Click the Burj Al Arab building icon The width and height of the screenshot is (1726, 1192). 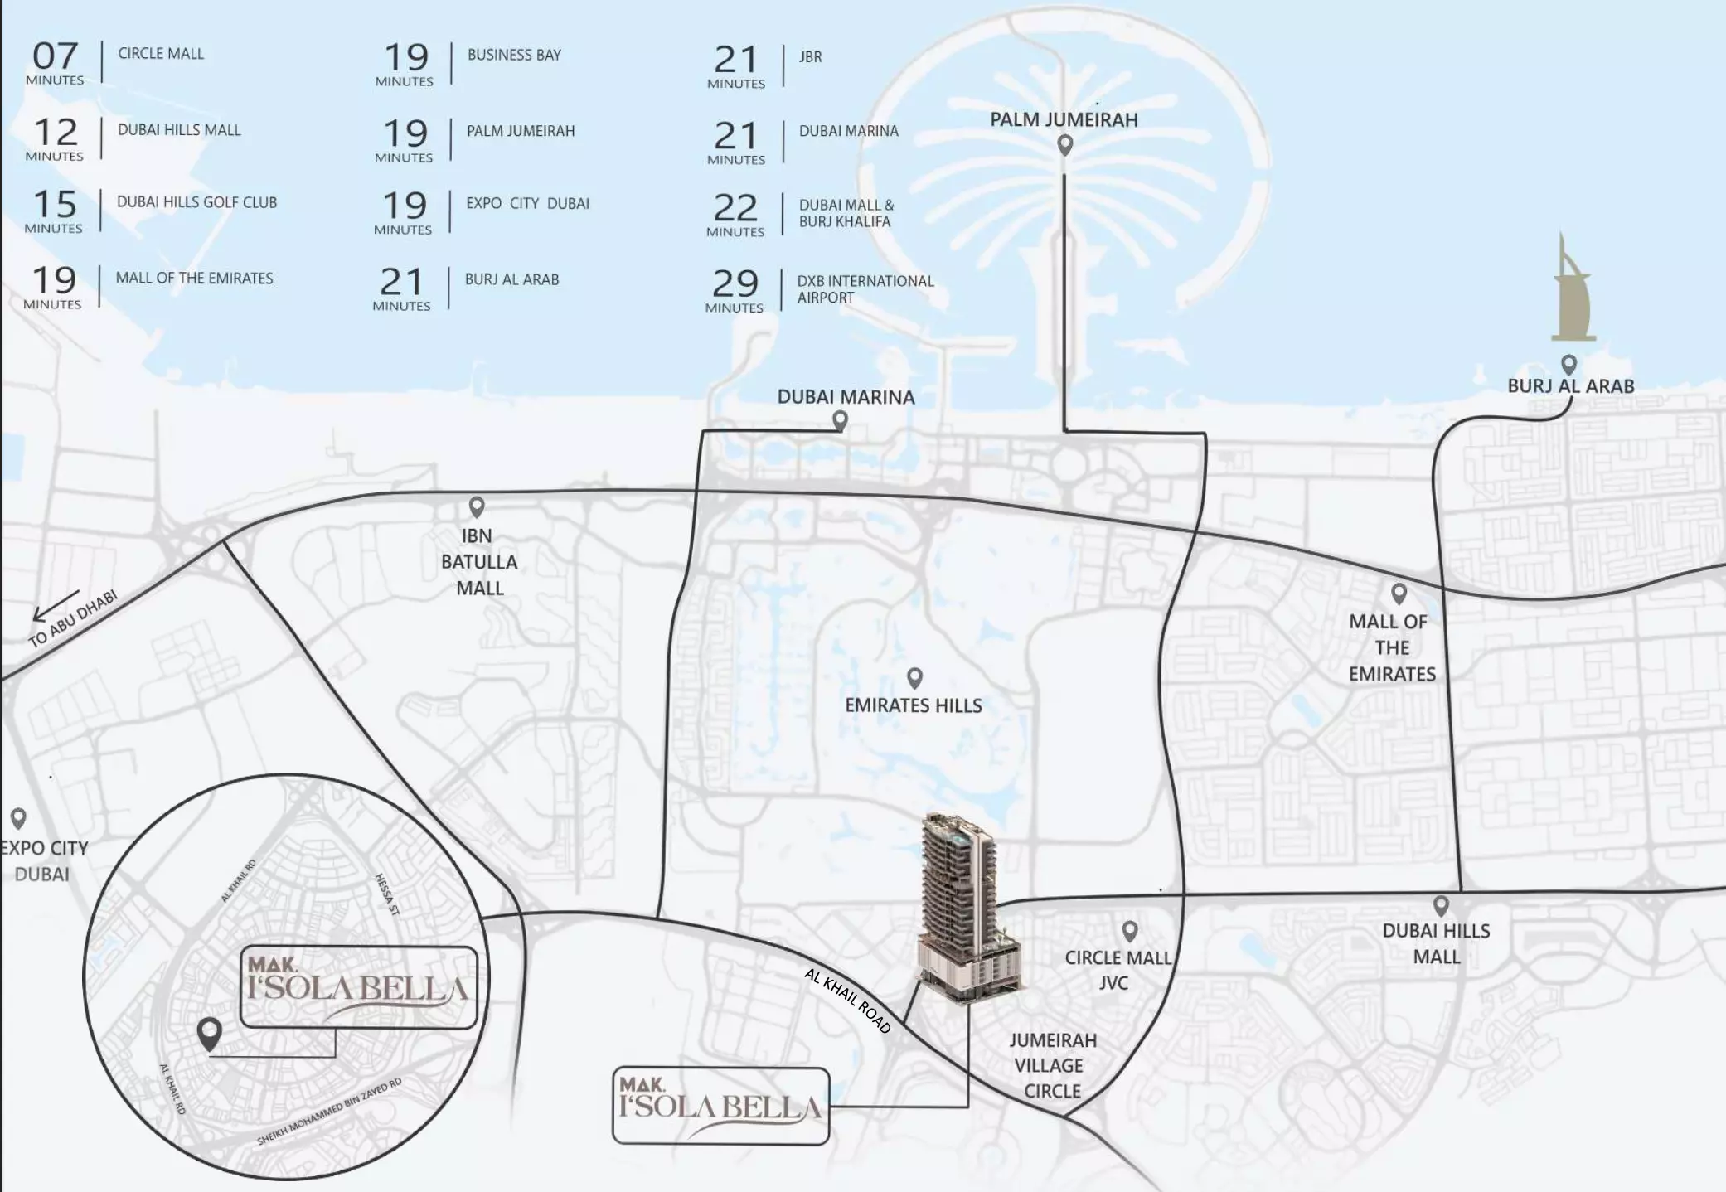click(1572, 290)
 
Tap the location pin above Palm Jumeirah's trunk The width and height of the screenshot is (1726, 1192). click(1065, 145)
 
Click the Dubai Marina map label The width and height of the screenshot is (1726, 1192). click(846, 397)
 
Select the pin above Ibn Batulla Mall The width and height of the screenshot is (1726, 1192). click(477, 506)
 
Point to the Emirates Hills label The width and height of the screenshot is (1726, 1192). click(913, 705)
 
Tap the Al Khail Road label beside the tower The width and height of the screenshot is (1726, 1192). click(847, 1001)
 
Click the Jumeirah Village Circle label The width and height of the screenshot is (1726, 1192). click(1052, 1066)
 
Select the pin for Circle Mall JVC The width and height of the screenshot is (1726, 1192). click(1129, 931)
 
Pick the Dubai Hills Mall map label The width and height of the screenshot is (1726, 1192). click(1436, 943)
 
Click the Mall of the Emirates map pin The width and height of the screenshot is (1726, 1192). click(1399, 594)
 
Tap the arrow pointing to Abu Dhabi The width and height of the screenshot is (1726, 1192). click(55, 604)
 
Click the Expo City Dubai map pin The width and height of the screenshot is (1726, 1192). click(18, 818)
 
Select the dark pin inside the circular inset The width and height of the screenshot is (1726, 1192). click(210, 1033)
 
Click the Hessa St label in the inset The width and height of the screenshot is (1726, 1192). click(387, 894)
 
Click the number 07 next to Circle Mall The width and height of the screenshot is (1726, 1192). click(55, 56)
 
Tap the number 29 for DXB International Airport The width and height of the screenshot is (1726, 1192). click(735, 283)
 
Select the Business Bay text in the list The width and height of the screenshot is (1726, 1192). click(514, 55)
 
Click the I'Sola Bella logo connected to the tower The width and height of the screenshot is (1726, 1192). click(720, 1105)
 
